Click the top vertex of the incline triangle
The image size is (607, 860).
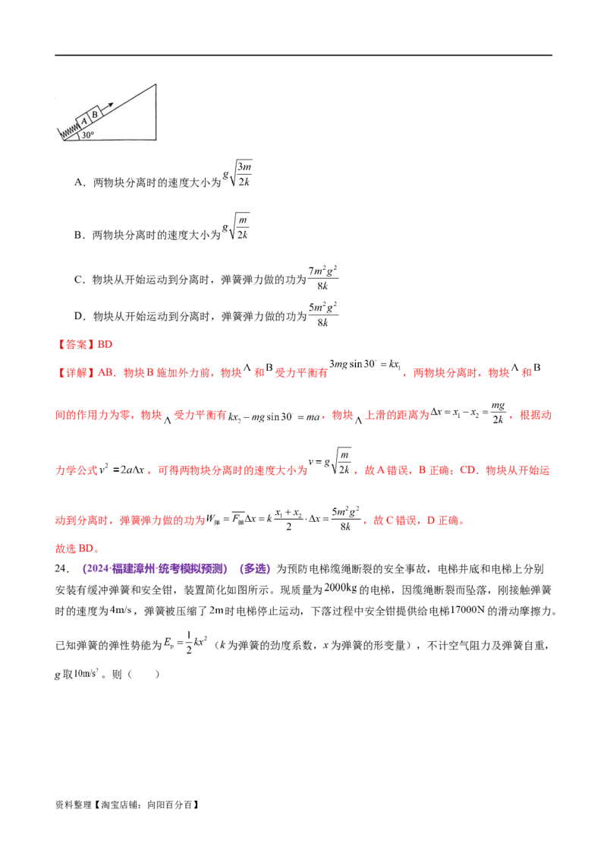tap(158, 84)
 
